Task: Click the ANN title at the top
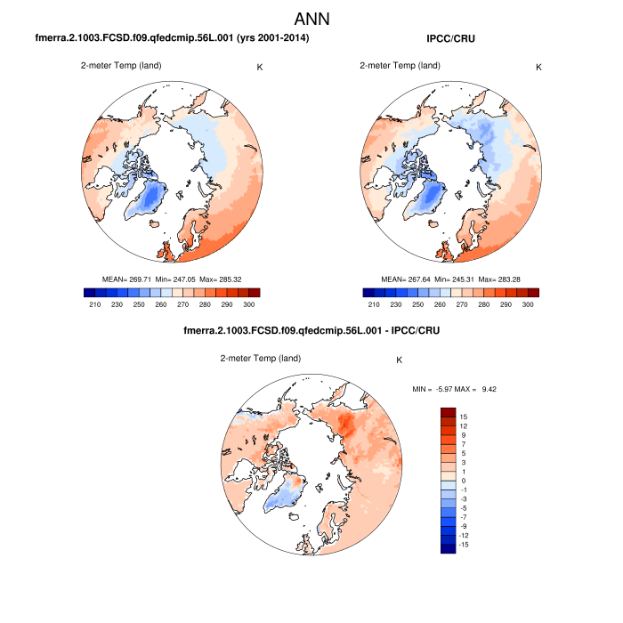pos(311,18)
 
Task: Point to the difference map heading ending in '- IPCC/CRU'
pos(311,330)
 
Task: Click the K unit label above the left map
pos(260,67)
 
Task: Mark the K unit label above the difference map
pos(400,360)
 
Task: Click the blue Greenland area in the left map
pos(153,200)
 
